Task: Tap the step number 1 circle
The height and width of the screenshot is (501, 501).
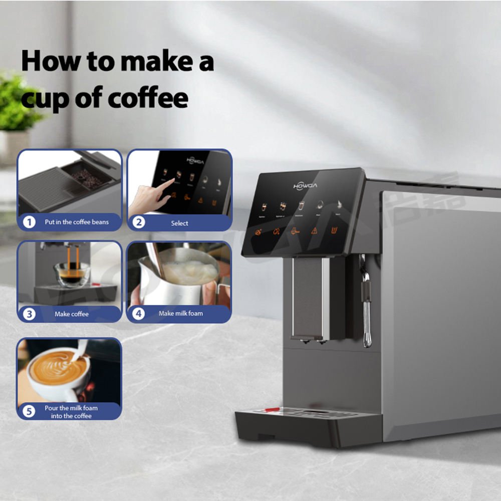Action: tap(30, 222)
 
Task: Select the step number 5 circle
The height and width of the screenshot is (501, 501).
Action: tap(30, 411)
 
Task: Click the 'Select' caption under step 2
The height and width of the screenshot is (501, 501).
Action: tap(179, 223)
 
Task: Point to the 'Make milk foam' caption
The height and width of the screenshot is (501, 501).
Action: tap(181, 314)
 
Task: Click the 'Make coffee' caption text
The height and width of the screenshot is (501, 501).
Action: tap(72, 314)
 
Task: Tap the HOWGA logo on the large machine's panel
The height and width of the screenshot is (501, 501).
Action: tap(305, 186)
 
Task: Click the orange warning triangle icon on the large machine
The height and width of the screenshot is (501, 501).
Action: tap(315, 230)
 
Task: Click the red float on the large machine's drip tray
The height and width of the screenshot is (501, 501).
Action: tap(272, 410)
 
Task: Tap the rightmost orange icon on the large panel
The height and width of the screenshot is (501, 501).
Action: tap(334, 230)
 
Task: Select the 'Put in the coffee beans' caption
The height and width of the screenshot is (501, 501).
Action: tap(76, 222)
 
